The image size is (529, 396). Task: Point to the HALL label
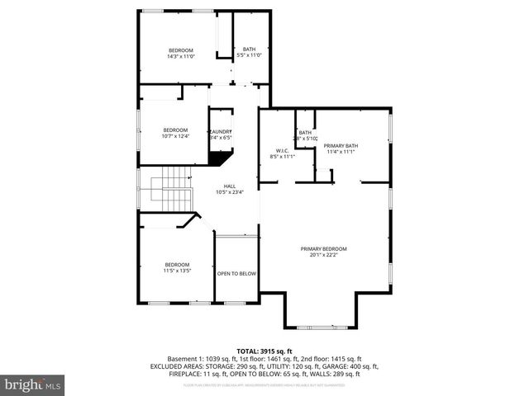tap(229, 186)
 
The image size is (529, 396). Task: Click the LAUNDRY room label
tap(221, 131)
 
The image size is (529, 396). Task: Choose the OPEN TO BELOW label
tap(236, 273)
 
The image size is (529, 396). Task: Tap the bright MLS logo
tap(31, 384)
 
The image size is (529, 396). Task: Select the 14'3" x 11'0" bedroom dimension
tap(180, 56)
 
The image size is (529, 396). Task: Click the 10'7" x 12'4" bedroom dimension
tap(175, 136)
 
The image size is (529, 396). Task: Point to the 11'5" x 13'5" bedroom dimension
tap(177, 270)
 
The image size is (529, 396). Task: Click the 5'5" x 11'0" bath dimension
tap(249, 54)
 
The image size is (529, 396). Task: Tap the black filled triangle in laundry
tap(219, 158)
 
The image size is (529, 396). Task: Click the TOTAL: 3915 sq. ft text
tap(264, 350)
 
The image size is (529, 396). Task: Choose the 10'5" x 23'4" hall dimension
tap(229, 192)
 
